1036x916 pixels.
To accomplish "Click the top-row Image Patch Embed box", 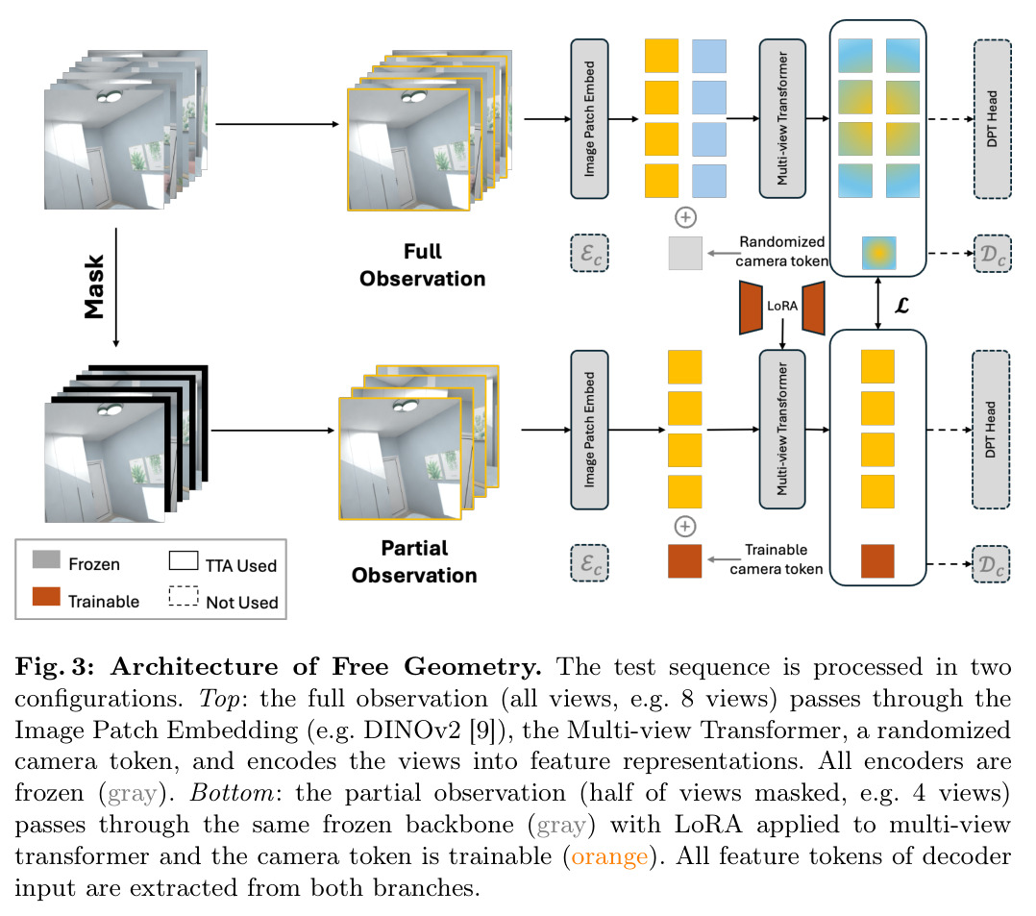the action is pos(589,119).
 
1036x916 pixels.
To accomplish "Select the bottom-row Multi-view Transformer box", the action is pos(782,430).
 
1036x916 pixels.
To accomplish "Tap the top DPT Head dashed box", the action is pos(993,119).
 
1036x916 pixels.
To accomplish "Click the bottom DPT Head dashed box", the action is pos(991,430).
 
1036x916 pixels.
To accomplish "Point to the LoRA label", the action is pos(782,306).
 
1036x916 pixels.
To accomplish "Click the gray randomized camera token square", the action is pos(685,253).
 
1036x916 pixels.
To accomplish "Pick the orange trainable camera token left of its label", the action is pos(684,561).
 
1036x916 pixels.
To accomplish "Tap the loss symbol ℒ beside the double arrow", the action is pos(901,306).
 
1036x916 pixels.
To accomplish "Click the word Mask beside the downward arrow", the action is pos(94,286).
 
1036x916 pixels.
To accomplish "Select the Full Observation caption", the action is pos(422,265).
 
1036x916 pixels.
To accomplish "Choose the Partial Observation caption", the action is pos(414,561).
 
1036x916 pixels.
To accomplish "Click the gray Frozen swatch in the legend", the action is pos(46,559).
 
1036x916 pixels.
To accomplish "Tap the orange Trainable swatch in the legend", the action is pos(46,597).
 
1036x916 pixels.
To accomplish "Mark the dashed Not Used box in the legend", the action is pos(184,596).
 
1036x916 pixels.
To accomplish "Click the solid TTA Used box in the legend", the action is pos(184,560).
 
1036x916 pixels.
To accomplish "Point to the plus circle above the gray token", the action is pos(685,217).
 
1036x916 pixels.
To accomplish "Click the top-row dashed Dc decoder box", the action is pos(993,253).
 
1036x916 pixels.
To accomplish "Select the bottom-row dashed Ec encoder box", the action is pos(589,563).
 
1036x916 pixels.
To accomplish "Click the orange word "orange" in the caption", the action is pos(609,856).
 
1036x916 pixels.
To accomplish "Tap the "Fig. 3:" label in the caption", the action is pos(55,666).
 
